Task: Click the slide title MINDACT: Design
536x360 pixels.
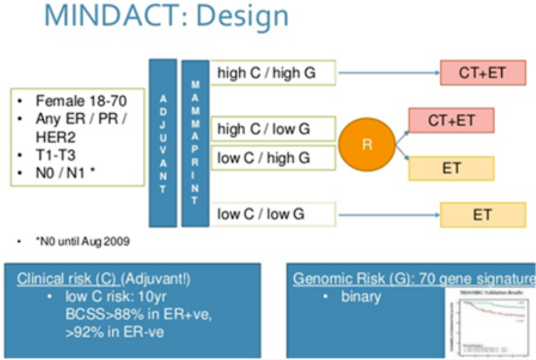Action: point(166,16)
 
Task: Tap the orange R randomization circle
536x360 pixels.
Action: point(367,145)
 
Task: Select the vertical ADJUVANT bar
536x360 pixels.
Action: point(163,143)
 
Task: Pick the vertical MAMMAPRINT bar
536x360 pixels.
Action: point(195,144)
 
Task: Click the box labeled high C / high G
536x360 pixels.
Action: point(273,73)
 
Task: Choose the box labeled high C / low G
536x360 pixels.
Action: point(273,130)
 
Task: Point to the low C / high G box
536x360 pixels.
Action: point(273,158)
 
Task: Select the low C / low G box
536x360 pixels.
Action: point(273,215)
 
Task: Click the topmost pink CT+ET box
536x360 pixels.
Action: point(482,72)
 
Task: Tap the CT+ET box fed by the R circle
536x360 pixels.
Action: point(451,121)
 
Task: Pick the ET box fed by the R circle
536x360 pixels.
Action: point(451,168)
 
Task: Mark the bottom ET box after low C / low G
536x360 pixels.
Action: point(482,215)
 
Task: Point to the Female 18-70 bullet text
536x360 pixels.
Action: point(81,101)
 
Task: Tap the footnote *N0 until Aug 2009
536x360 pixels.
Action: point(82,242)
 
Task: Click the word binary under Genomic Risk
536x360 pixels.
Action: point(361,297)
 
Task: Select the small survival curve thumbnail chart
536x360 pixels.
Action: point(490,322)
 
